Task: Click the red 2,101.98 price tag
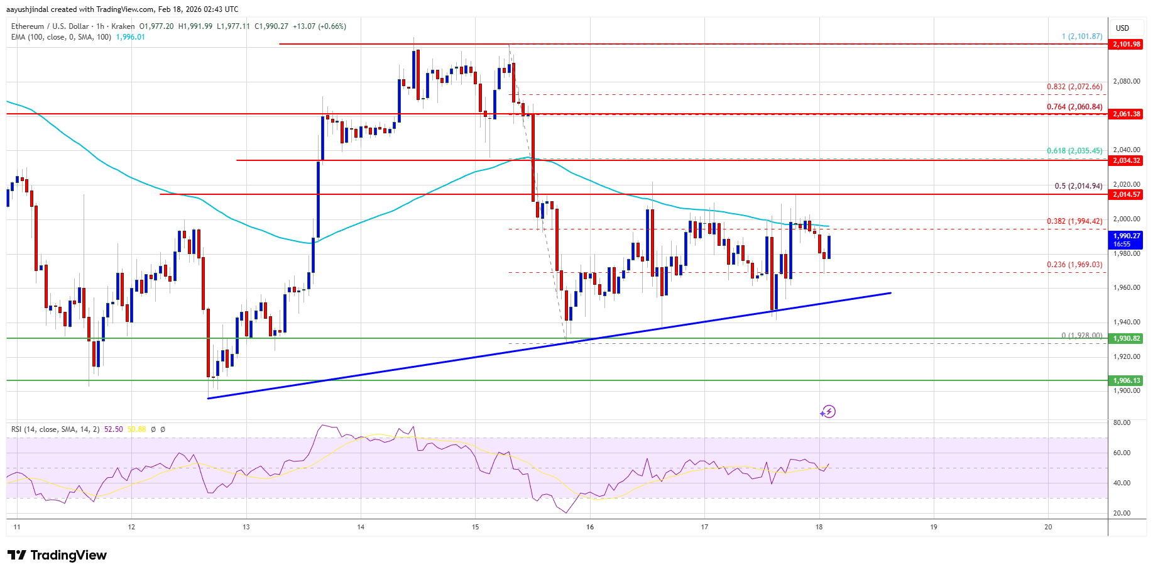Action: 1126,44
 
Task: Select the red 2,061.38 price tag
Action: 1126,114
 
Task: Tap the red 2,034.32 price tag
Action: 1126,160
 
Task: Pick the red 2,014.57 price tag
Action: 1126,194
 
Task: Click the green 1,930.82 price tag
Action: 1126,338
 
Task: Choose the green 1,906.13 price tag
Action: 1126,380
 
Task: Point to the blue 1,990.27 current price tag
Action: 1126,240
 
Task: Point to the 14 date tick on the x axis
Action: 361,527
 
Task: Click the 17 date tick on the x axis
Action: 704,527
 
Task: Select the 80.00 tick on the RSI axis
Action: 1122,422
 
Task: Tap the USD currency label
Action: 1122,28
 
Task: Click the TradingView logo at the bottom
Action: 57,555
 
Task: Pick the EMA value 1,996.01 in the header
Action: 131,37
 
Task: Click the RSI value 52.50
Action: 114,429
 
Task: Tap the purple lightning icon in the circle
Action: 828,412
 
